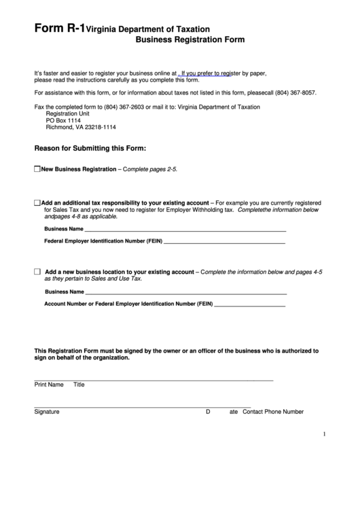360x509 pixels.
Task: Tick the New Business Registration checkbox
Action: click(x=37, y=169)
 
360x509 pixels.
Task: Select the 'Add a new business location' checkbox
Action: click(x=37, y=271)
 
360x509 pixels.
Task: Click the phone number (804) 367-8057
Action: click(x=296, y=92)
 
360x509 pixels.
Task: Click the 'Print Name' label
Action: click(x=48, y=385)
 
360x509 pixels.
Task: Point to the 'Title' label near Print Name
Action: click(x=79, y=385)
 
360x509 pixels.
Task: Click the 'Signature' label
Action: click(x=47, y=412)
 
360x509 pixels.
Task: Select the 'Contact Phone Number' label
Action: click(x=273, y=412)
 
